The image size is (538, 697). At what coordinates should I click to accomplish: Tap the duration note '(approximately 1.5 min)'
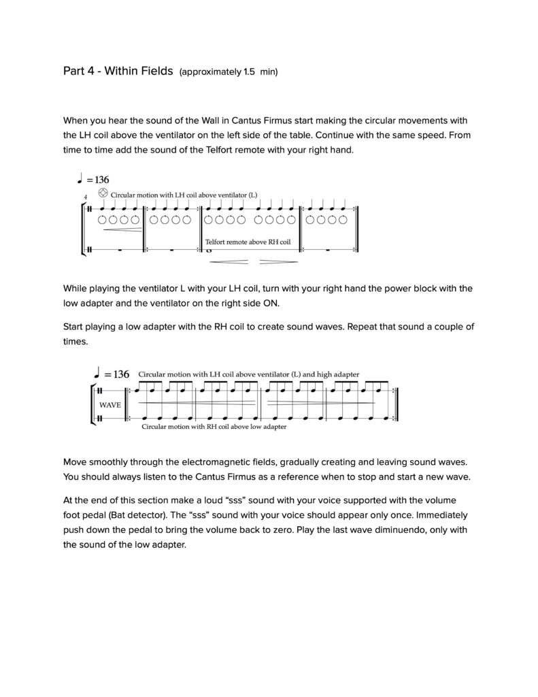click(229, 71)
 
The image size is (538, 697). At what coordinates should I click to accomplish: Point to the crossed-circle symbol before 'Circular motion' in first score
click(103, 193)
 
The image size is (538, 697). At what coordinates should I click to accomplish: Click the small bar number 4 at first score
click(85, 197)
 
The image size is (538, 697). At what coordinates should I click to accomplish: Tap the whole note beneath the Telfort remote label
click(208, 250)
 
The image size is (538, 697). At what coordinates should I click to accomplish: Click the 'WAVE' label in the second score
click(110, 404)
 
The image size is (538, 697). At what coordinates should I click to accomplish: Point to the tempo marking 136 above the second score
click(120, 374)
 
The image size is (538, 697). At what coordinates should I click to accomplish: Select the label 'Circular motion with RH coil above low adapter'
click(214, 427)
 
